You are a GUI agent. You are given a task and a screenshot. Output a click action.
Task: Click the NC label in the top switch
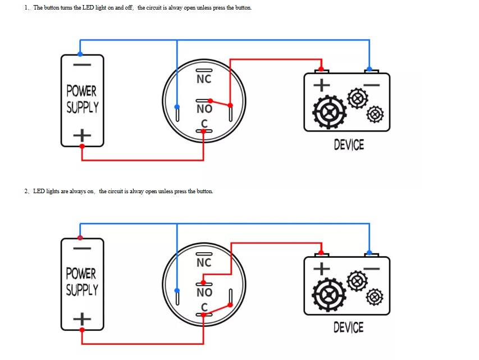204,79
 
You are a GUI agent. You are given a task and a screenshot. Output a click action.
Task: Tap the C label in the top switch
204,124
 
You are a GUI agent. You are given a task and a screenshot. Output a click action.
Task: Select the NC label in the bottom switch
204,262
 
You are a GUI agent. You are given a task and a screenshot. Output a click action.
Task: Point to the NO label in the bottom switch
204,293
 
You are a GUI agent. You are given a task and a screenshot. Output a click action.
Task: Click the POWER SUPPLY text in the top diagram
82,99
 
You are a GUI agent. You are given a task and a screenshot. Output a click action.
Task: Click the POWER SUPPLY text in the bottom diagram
82,282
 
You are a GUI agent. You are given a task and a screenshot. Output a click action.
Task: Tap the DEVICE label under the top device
349,145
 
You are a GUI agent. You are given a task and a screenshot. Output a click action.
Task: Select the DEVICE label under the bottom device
348,327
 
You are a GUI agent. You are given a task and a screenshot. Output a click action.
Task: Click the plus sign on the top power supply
82,135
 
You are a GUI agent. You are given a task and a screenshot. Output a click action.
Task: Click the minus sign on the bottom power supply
82,248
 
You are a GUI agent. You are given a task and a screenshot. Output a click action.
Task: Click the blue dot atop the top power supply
80,54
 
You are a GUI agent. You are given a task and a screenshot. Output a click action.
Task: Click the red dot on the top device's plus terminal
322,70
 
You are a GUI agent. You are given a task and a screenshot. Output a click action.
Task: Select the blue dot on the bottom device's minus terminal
369,252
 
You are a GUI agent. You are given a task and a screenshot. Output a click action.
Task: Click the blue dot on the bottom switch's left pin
177,290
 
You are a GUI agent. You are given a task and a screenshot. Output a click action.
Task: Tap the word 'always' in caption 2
77,192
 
